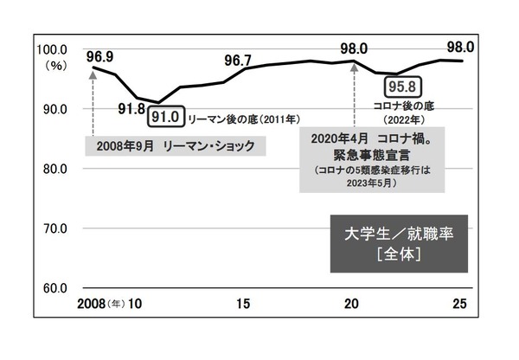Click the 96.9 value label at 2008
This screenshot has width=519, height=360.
coord(99,57)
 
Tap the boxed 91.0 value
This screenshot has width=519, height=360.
coord(165,114)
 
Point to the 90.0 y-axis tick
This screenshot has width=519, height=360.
coord(56,109)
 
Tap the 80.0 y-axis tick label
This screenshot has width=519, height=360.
coord(56,169)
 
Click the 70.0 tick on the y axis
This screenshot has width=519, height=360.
coord(56,228)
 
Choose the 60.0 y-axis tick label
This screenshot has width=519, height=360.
coord(56,287)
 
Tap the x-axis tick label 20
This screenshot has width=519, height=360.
coord(351,304)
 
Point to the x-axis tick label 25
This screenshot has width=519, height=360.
coord(460,304)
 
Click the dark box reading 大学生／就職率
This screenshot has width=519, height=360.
coord(400,244)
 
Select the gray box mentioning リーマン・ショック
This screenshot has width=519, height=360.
coord(175,146)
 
